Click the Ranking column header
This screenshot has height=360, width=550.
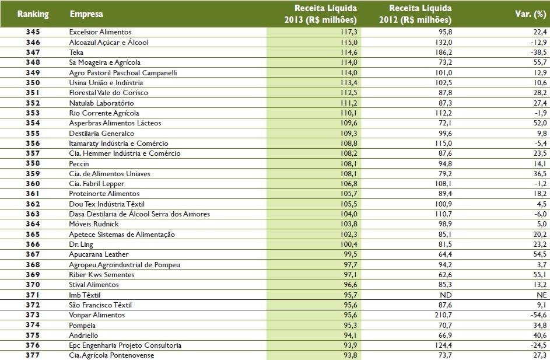(33, 13)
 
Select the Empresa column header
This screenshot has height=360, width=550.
(84, 13)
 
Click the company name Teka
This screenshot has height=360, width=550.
(76, 52)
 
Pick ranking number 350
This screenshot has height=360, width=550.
(33, 83)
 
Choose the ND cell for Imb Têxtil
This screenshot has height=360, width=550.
(446, 295)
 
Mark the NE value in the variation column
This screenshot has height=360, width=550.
(541, 295)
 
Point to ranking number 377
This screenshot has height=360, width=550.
(33, 355)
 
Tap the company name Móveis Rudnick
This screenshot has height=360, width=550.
(93, 224)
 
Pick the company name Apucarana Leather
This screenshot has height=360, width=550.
(99, 254)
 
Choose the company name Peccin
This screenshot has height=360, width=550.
(79, 163)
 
